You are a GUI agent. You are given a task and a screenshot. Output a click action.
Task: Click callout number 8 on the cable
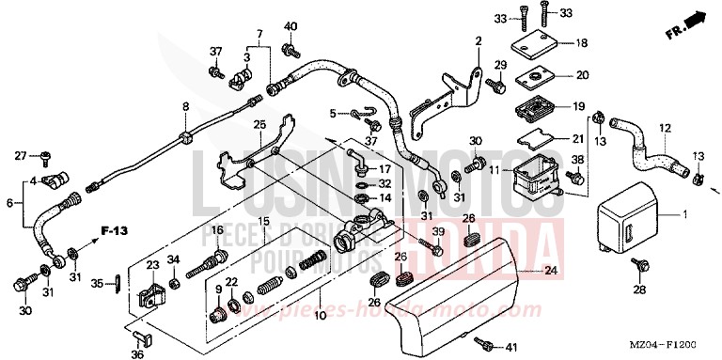tap(185, 106)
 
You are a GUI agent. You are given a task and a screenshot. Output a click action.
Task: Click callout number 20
tap(582, 75)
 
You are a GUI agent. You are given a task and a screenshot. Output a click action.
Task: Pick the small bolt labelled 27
tap(44, 156)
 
